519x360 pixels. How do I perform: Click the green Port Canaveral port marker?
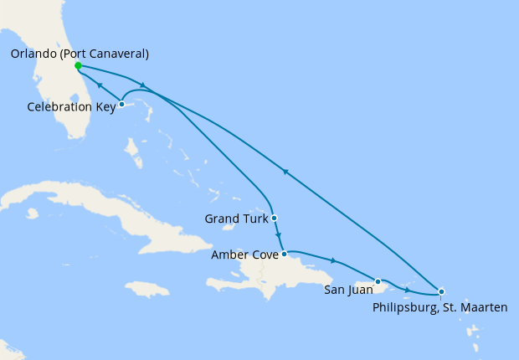point(78,65)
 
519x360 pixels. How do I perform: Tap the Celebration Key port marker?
point(121,105)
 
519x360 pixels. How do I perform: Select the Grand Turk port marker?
point(274,219)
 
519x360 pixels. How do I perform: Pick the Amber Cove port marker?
point(285,253)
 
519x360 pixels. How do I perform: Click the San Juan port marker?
point(378,281)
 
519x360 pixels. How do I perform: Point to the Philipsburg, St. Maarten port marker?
point(440,291)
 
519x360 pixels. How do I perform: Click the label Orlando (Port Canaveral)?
point(80,54)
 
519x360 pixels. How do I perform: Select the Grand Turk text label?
point(236,219)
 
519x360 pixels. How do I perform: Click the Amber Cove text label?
point(245,254)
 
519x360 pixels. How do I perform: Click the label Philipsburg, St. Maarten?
point(439,307)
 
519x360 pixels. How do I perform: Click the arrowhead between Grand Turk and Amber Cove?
point(278,235)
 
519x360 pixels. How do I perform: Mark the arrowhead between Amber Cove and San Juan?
point(333,260)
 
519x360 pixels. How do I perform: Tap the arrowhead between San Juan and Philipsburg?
point(407,290)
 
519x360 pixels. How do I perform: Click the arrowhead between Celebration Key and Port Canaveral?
point(100,85)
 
